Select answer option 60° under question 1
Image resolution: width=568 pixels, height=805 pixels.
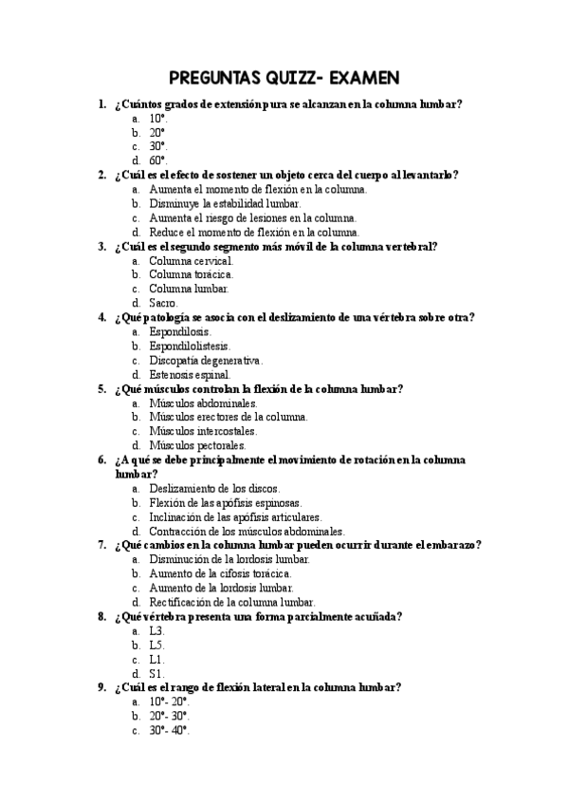pyautogui.click(x=157, y=160)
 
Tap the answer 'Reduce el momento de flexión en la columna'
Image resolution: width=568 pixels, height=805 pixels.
pyautogui.click(x=254, y=232)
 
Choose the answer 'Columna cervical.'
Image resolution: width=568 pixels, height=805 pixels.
pyautogui.click(x=191, y=260)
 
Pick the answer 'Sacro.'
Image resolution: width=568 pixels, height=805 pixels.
pyautogui.click(x=163, y=303)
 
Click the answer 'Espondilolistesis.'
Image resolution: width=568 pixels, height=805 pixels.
pyautogui.click(x=190, y=346)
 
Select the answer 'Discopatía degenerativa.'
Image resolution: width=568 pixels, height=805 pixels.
pyautogui.click(x=206, y=360)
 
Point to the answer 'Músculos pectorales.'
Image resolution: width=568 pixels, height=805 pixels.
pyautogui.click(x=197, y=445)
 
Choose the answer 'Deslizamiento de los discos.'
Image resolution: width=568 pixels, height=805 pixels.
pyautogui.click(x=215, y=488)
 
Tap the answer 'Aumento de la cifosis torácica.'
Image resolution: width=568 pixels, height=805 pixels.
pyautogui.click(x=220, y=573)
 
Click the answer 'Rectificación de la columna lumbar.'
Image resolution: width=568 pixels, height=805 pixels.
pyautogui.click(x=232, y=602)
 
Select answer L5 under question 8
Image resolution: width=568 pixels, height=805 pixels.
pyautogui.click(x=157, y=645)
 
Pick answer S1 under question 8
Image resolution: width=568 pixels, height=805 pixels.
pyautogui.click(x=157, y=673)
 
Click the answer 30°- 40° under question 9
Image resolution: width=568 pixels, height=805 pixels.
pyautogui.click(x=170, y=730)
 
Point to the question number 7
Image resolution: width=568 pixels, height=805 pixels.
pyautogui.click(x=101, y=545)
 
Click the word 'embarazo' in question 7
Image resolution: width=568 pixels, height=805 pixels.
pyautogui.click(x=452, y=545)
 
